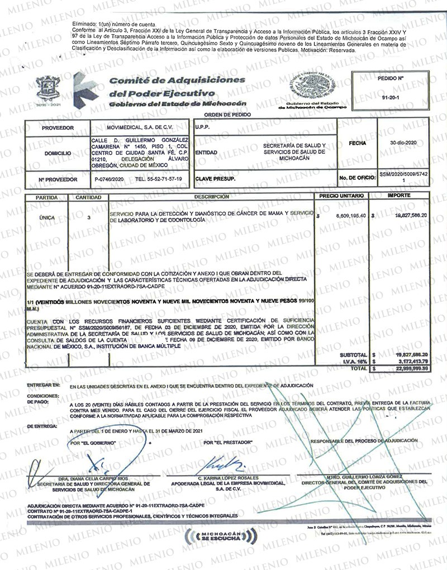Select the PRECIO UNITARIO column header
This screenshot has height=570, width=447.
pyautogui.click(x=342, y=197)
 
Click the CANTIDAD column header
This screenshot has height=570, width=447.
pyautogui.click(x=88, y=198)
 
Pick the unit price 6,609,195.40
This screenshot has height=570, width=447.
pyautogui.click(x=348, y=215)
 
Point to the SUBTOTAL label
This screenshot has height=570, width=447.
pyautogui.click(x=353, y=355)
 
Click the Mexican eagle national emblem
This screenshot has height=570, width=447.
pyautogui.click(x=310, y=87)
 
